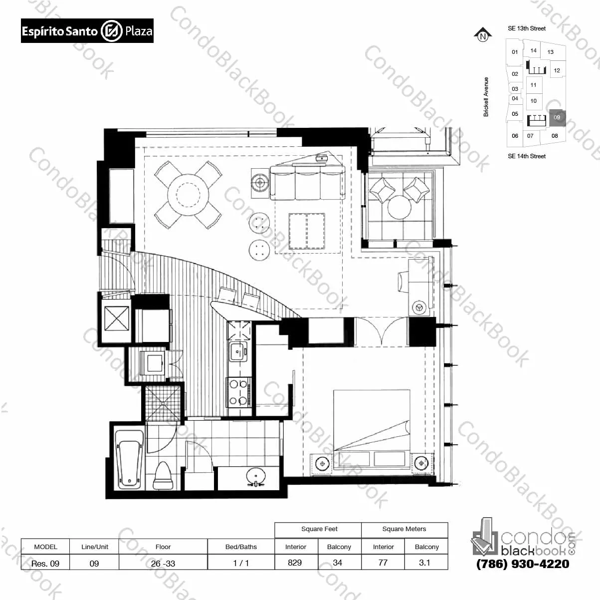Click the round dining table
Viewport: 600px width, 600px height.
click(188, 195)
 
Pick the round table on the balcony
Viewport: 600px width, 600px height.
click(399, 207)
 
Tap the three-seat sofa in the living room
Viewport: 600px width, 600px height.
click(308, 183)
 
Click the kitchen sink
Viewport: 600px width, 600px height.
click(238, 351)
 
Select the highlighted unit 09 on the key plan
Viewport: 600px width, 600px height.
click(557, 118)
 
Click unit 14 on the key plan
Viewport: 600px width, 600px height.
click(533, 50)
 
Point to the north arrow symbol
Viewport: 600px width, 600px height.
click(483, 35)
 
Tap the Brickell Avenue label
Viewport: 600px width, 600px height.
click(486, 97)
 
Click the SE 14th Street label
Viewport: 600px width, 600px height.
click(527, 156)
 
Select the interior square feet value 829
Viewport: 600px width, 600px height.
click(295, 562)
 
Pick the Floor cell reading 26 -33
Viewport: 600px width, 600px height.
click(163, 563)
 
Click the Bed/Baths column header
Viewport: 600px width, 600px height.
click(241, 547)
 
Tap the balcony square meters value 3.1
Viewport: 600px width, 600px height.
click(424, 562)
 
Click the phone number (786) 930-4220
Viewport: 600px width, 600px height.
click(523, 564)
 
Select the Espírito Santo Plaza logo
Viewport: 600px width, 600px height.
click(87, 30)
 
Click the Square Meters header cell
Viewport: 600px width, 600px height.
click(404, 529)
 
